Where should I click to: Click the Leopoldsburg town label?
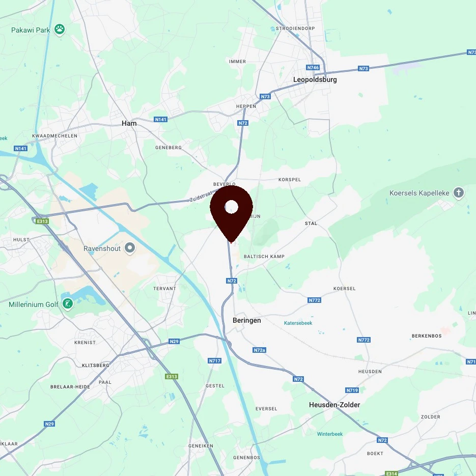coord(315,79)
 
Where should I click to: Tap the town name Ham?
coord(129,123)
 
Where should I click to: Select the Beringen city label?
coord(246,320)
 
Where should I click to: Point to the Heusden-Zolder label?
coord(334,405)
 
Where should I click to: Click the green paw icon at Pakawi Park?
coord(60,30)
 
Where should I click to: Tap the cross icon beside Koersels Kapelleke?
coord(459,193)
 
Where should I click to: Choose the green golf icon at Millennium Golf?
coord(67,304)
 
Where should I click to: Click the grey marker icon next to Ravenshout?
coord(130,248)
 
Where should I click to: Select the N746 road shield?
coord(313,67)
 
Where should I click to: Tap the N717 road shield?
coord(214,361)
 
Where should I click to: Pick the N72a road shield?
coord(260,350)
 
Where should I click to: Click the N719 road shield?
coord(352,390)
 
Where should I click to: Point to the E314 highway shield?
coord(391,473)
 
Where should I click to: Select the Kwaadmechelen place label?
coord(54,136)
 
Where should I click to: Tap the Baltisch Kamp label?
coord(264,256)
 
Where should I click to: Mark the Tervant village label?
coord(164,289)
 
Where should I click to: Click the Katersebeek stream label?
coord(298,323)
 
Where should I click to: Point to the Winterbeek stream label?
coord(330,434)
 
